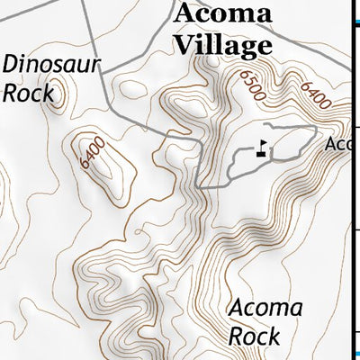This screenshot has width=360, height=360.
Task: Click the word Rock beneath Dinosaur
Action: pyautogui.click(x=24, y=91)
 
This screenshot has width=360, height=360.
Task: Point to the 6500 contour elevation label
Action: pyautogui.click(x=253, y=85)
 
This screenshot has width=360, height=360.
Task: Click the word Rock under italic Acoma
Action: pyautogui.click(x=255, y=336)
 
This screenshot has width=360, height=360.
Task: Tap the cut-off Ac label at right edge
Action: pyautogui.click(x=337, y=144)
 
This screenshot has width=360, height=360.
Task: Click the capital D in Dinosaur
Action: pyautogui.click(x=12, y=64)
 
